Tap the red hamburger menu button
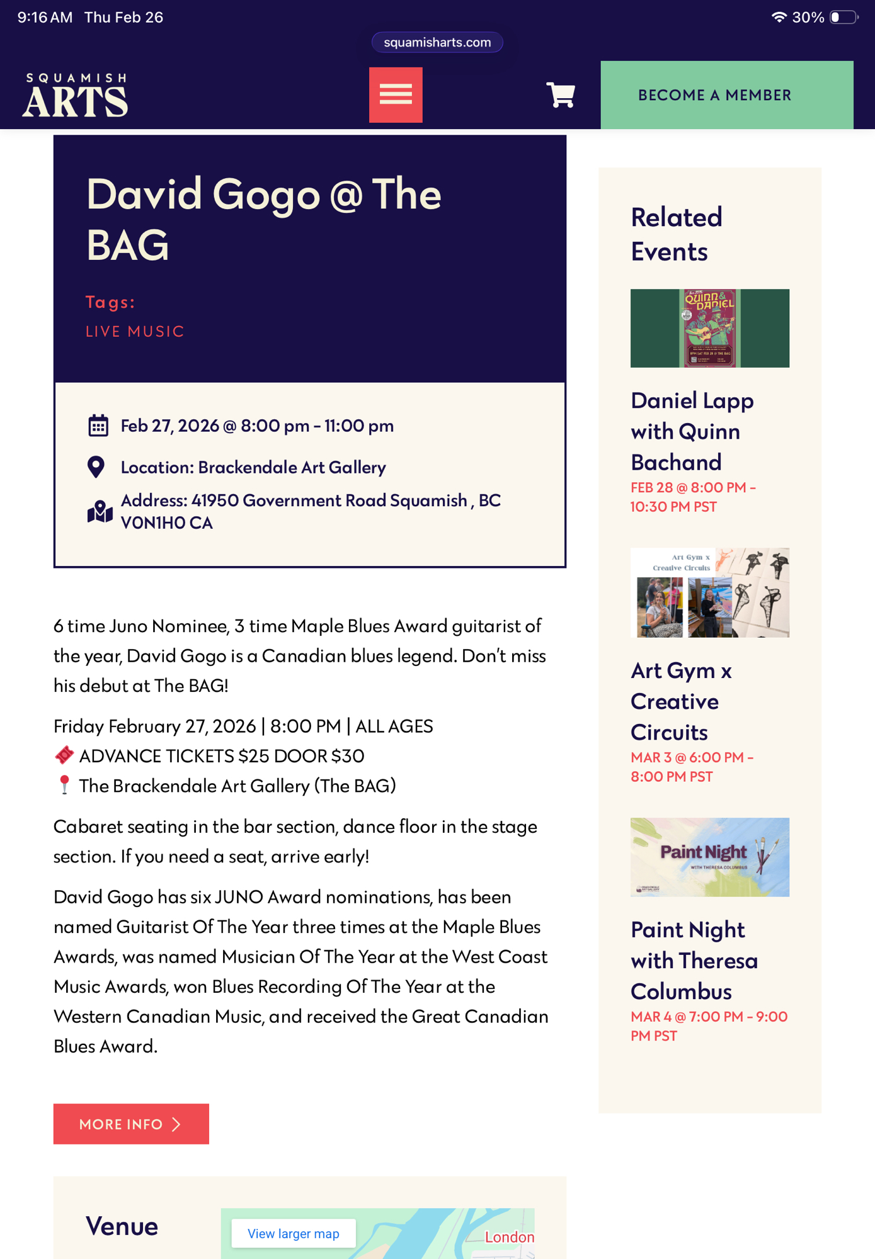click(x=396, y=95)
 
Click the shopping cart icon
click(x=560, y=95)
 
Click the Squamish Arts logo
click(x=76, y=96)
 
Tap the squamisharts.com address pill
click(x=437, y=42)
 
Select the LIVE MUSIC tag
click(x=135, y=332)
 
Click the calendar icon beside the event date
click(x=98, y=426)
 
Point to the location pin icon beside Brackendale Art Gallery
click(x=96, y=467)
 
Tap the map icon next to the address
click(x=100, y=512)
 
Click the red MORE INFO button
click(x=131, y=1124)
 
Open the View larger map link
click(x=293, y=1234)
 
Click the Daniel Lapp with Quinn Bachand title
click(x=692, y=431)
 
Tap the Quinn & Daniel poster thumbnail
click(x=709, y=328)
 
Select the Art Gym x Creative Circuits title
click(x=681, y=701)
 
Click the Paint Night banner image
click(x=709, y=857)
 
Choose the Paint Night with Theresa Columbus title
click(x=694, y=961)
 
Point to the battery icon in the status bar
click(x=844, y=17)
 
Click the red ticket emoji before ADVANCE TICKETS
click(x=64, y=755)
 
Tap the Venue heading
click(x=122, y=1226)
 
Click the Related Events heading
click(x=676, y=234)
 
